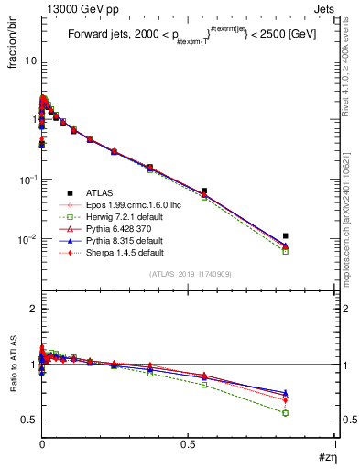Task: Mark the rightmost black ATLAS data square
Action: tap(286, 235)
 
